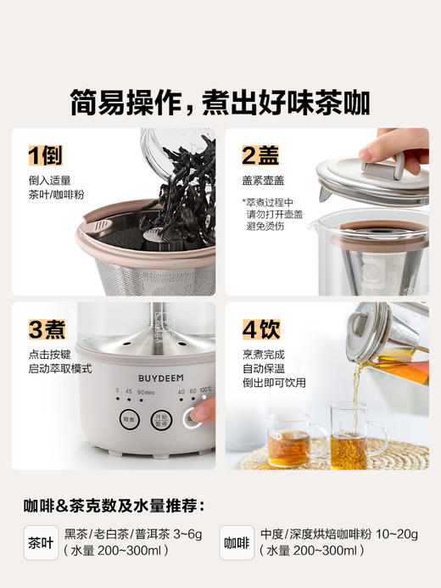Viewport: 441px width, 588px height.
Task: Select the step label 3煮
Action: tap(47, 328)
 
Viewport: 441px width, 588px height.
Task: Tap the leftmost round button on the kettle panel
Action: tap(128, 418)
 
